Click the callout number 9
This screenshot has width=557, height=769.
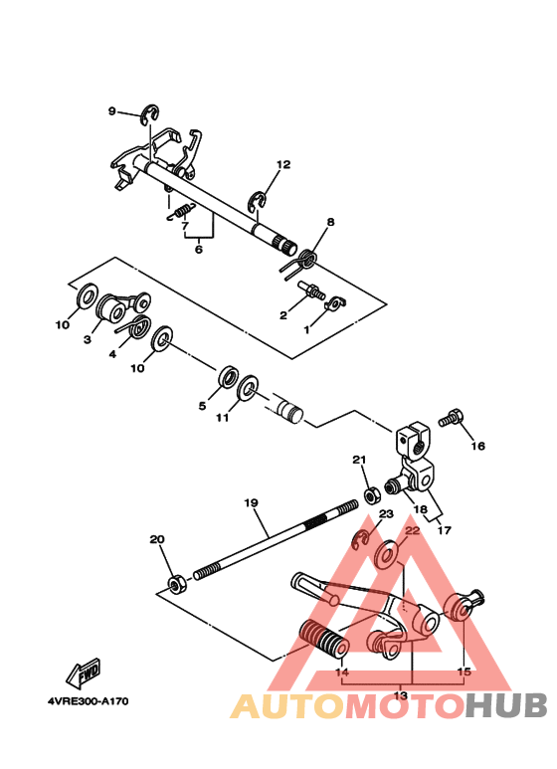coord(112,110)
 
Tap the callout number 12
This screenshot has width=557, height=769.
coord(283,164)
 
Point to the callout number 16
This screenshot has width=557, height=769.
coord(478,447)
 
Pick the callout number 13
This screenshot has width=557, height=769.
coord(402,695)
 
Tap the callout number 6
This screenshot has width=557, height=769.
coord(198,250)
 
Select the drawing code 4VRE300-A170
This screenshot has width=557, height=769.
coord(88,702)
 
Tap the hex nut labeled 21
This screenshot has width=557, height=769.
coord(369,492)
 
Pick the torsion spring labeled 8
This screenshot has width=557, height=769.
coord(305,261)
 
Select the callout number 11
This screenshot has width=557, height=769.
coord(222,418)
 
